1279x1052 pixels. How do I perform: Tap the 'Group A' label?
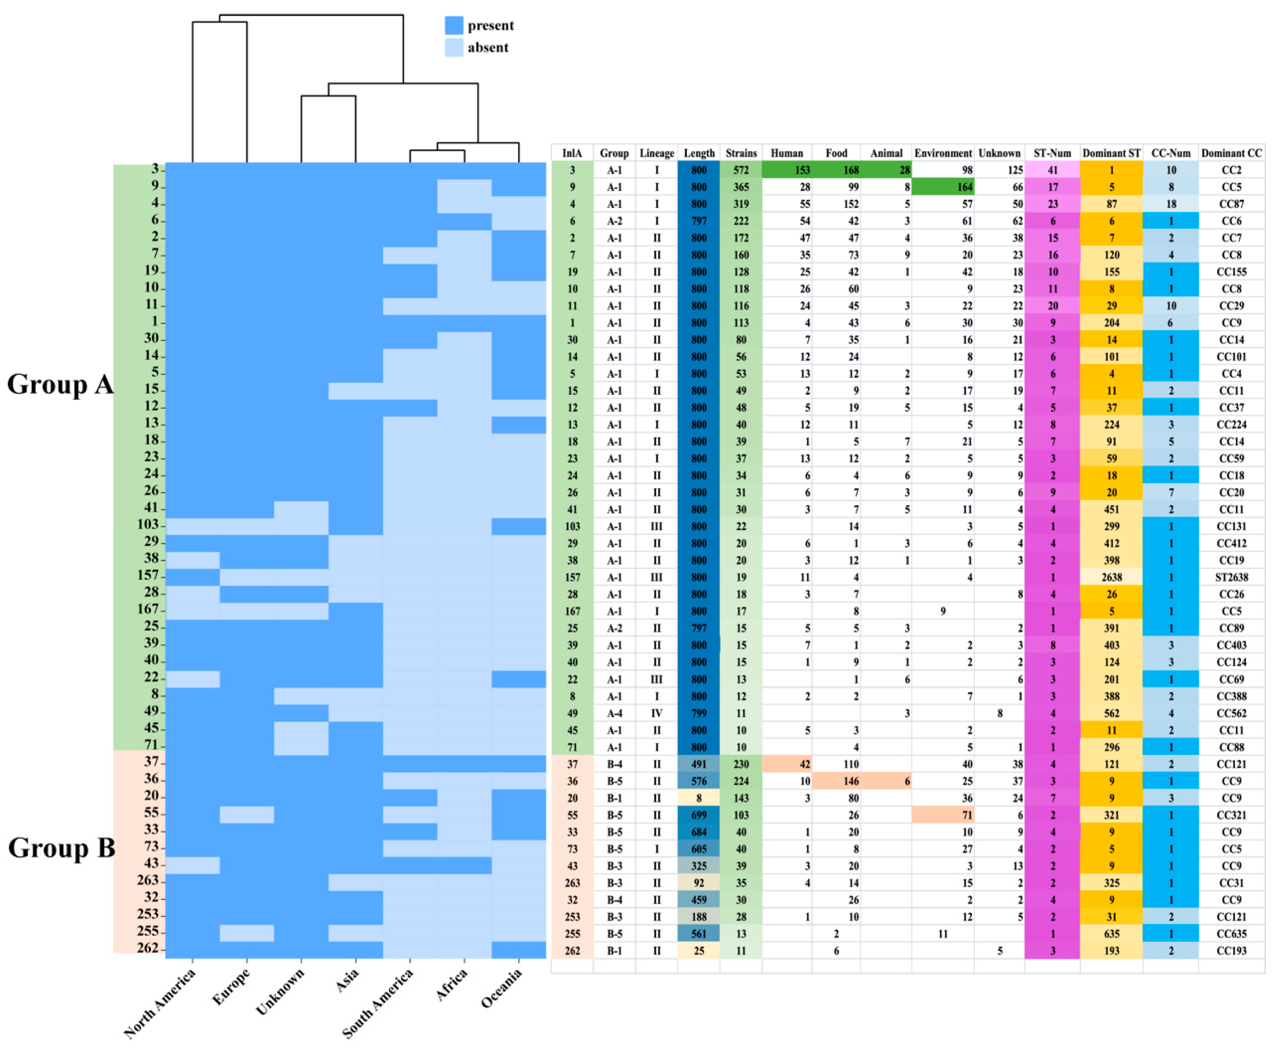(59, 384)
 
